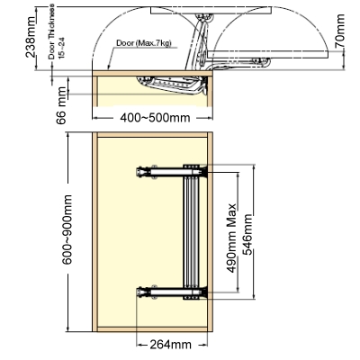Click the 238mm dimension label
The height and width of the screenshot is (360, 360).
click(31, 37)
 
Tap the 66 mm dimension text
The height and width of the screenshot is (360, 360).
click(61, 105)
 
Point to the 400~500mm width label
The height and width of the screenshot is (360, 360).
click(155, 118)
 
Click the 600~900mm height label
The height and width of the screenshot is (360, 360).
click(67, 229)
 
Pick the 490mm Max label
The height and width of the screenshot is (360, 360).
click(231, 238)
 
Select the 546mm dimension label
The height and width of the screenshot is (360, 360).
click(247, 235)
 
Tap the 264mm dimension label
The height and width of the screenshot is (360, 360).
click(170, 345)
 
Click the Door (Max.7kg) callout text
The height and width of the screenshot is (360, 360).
click(144, 43)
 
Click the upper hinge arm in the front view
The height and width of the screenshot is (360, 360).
click(172, 173)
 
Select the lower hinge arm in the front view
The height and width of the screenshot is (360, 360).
click(172, 292)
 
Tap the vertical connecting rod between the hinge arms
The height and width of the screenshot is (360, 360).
click(191, 233)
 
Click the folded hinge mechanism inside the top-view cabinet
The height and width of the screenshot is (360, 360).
click(174, 85)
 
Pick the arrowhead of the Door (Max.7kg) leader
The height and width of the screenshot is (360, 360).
click(109, 67)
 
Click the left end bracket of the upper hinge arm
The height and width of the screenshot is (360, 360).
click(140, 173)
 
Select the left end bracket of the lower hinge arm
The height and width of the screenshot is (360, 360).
click(140, 292)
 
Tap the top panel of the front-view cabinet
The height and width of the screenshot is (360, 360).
click(152, 135)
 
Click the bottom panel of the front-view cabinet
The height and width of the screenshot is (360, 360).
click(152, 329)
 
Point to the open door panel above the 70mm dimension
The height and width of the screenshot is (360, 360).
click(267, 54)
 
